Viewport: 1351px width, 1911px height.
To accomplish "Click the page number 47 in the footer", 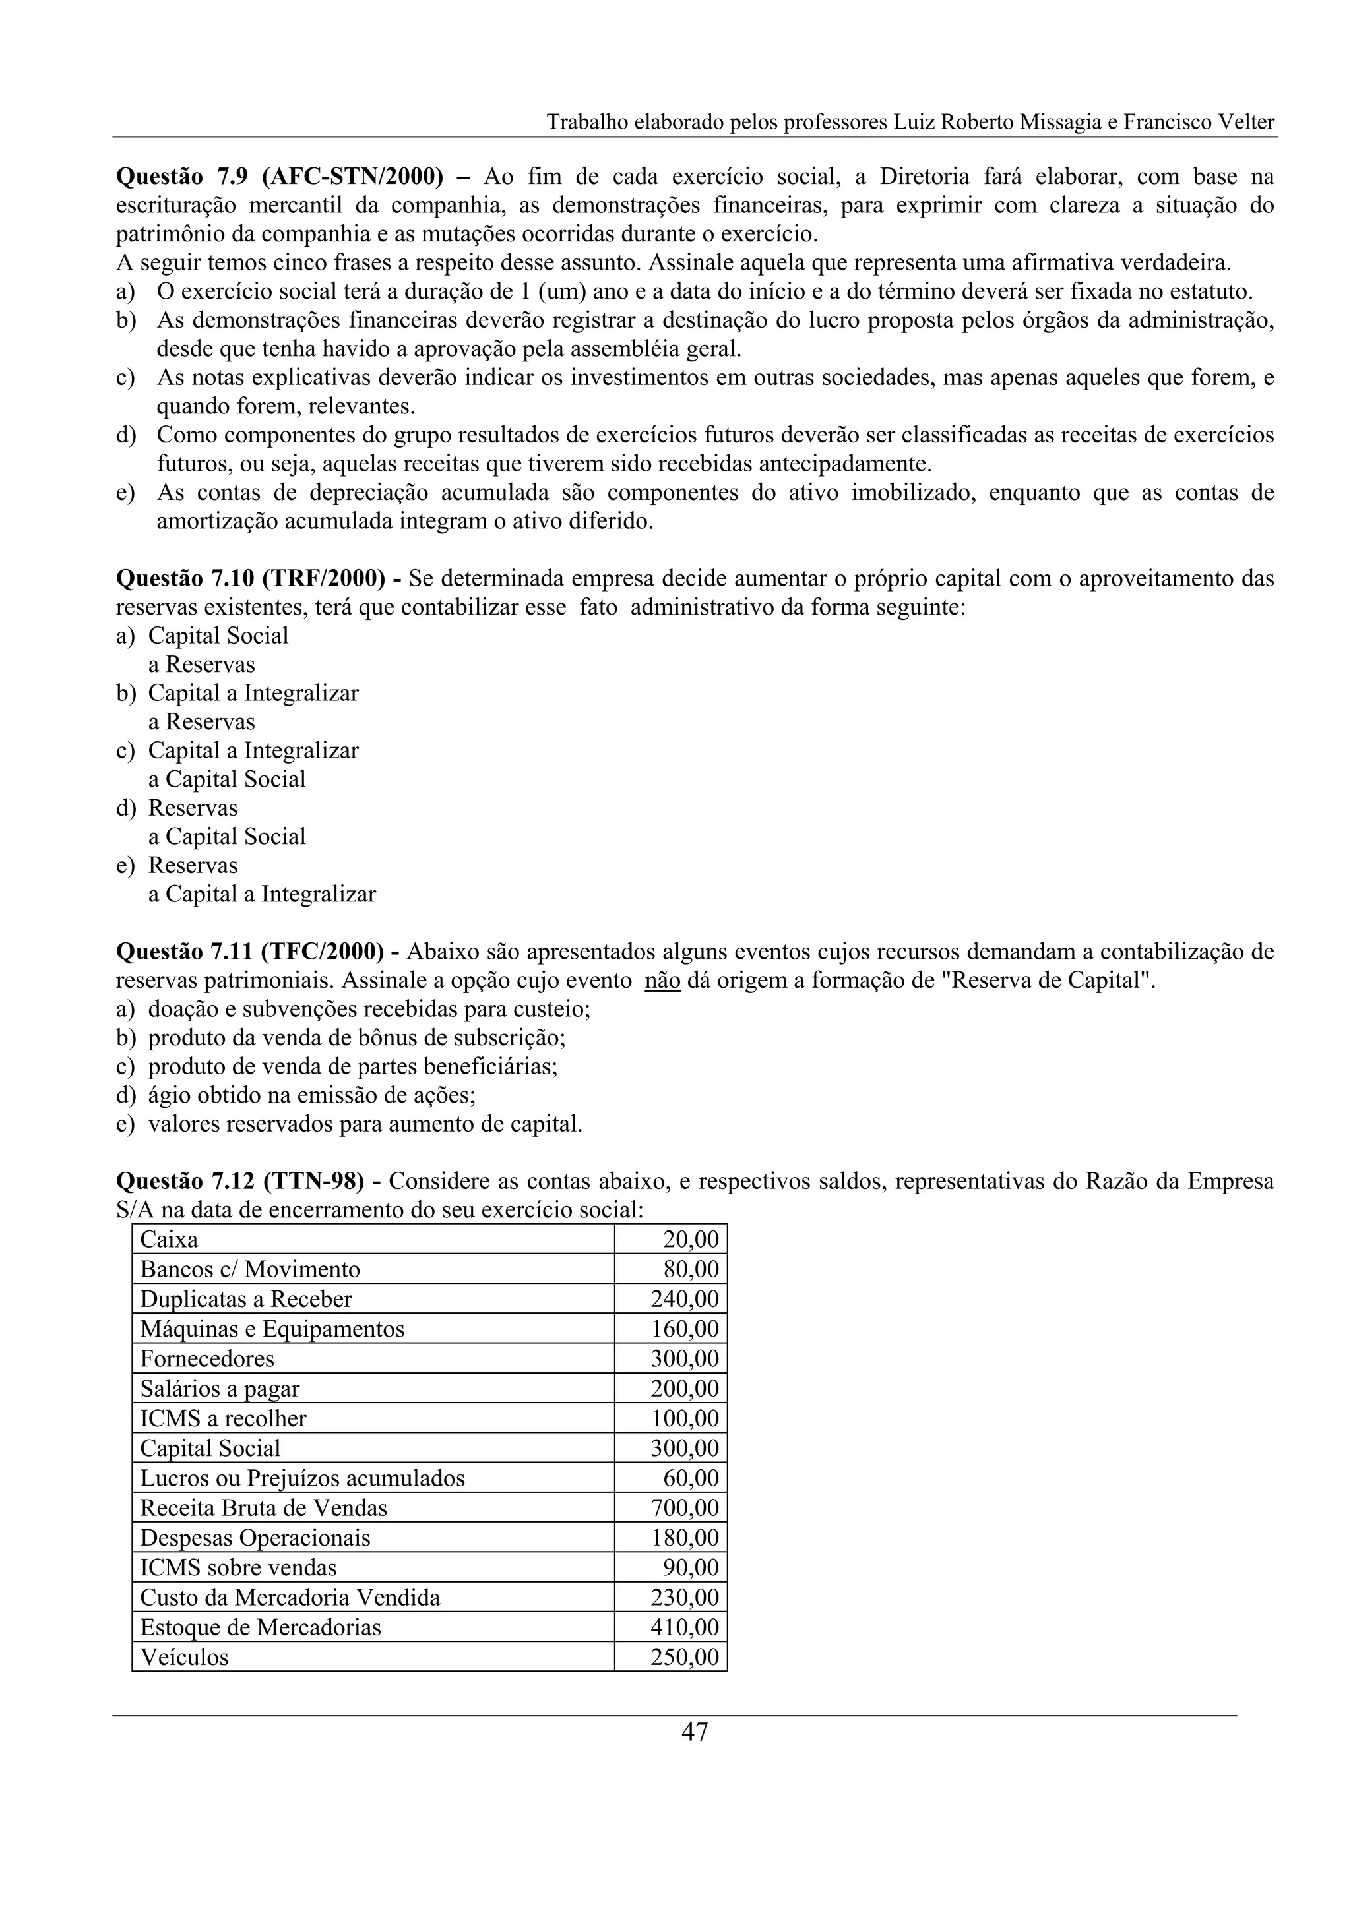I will coord(694,1732).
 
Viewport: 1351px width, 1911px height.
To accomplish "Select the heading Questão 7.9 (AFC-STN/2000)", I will coord(280,177).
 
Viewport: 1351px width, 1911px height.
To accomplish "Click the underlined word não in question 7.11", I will coord(662,981).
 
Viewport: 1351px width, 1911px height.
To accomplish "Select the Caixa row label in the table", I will coord(169,1239).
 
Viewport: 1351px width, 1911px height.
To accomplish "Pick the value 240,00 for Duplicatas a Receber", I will coord(684,1299).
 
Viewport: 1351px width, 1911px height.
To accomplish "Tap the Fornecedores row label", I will coord(206,1359).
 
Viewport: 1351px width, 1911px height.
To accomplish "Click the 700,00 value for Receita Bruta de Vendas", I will coord(684,1508).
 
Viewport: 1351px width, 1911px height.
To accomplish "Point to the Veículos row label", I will coord(184,1657).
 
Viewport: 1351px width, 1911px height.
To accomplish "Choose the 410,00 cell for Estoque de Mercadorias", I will coord(684,1627).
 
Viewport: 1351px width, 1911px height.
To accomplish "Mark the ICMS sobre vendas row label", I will coord(238,1568).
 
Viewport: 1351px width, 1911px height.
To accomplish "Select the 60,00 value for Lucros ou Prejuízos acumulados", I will coord(691,1478).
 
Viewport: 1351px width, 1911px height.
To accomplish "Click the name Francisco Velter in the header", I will coord(1199,123).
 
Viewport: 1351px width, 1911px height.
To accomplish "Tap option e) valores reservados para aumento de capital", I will coord(365,1124).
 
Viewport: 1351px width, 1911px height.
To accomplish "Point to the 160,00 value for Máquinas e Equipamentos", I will coord(684,1329).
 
